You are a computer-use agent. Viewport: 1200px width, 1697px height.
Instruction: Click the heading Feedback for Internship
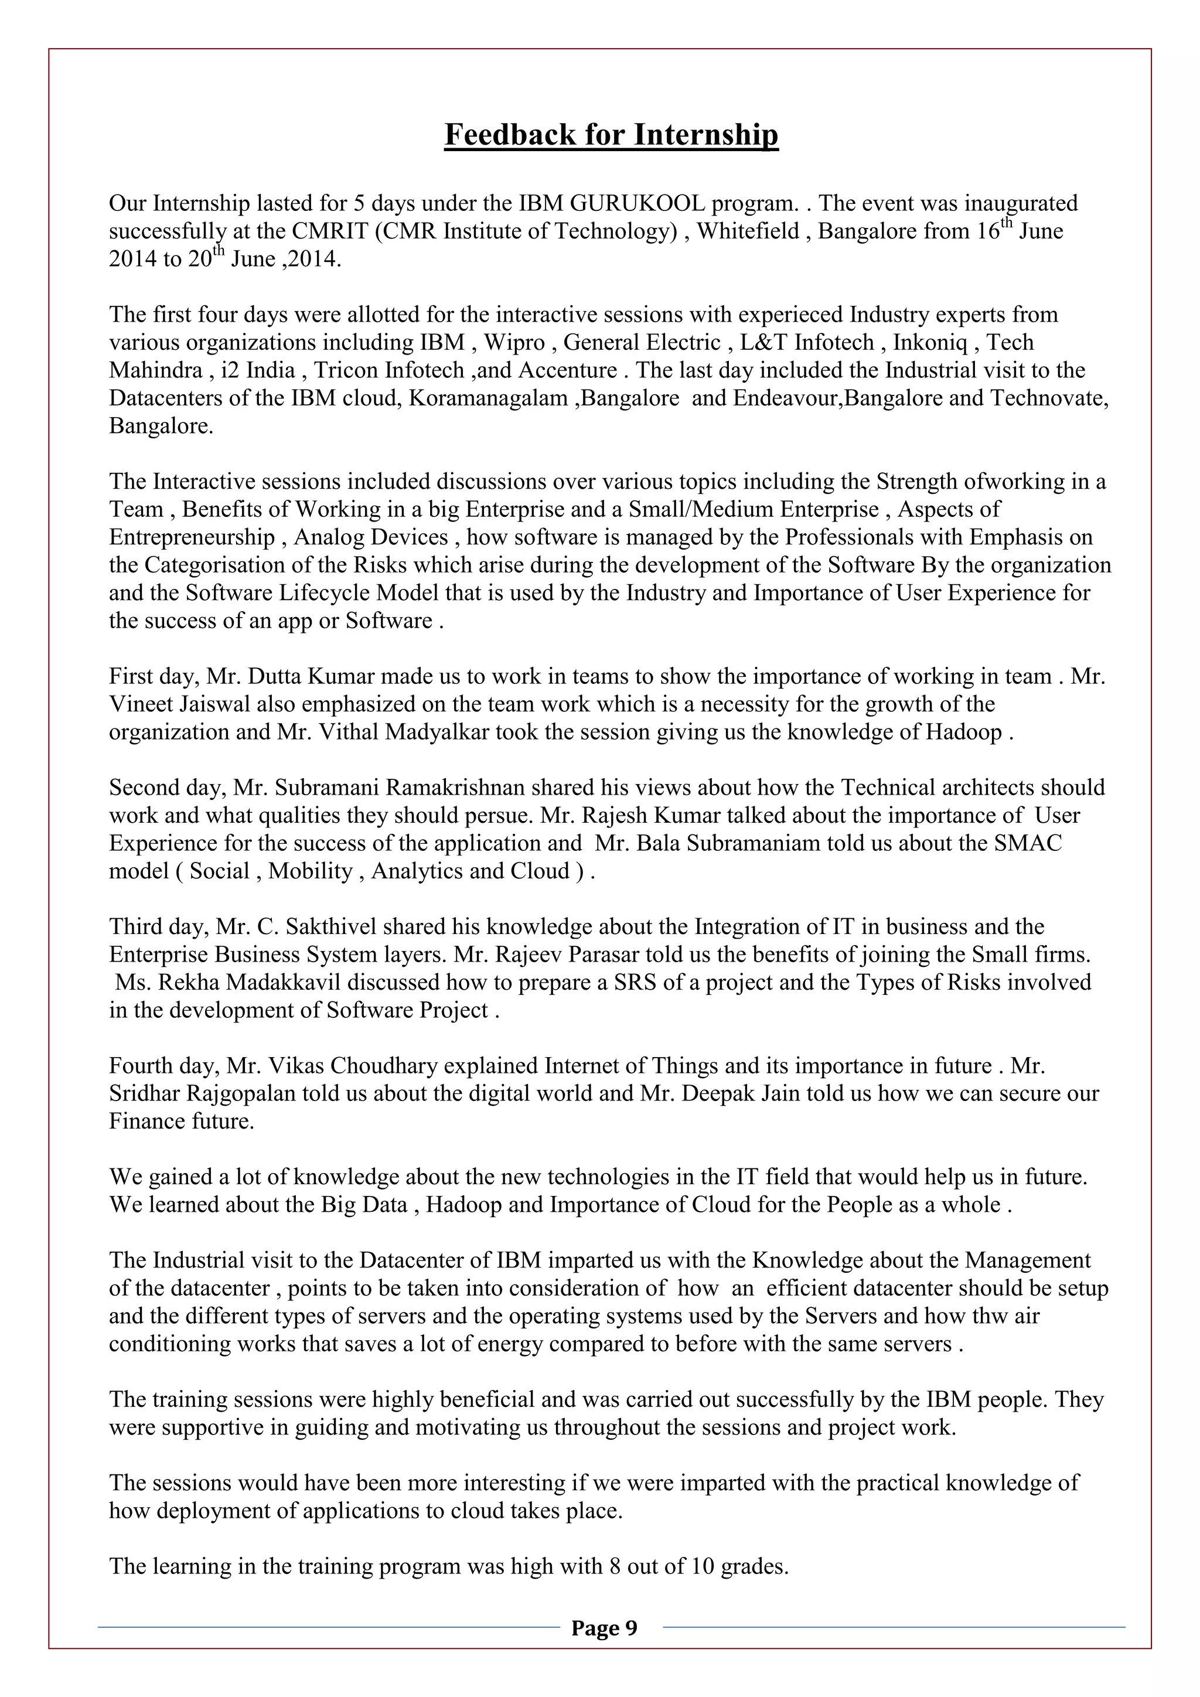click(x=611, y=135)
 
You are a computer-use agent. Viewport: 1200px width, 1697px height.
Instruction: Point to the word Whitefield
click(x=748, y=231)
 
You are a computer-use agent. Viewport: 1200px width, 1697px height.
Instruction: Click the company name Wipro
click(x=514, y=343)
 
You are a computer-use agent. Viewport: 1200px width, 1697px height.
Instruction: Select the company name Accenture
click(x=568, y=370)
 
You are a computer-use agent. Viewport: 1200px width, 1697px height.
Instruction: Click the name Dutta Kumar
click(x=312, y=677)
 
